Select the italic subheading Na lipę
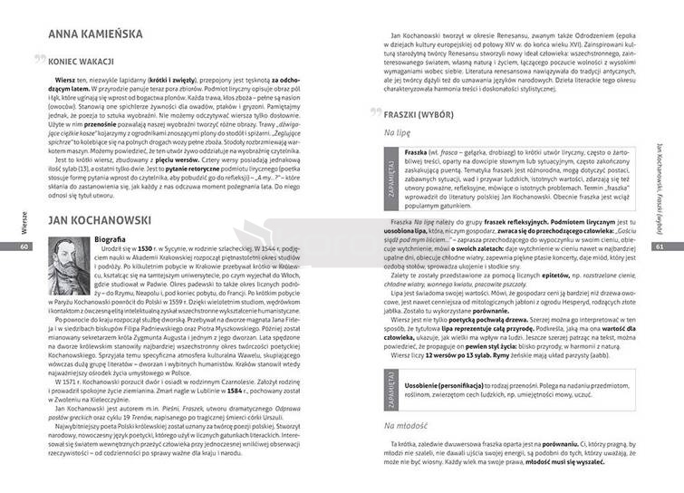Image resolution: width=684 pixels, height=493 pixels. point(397,132)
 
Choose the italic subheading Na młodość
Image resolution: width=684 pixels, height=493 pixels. point(405,425)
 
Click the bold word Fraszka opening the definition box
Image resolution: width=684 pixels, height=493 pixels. point(416,151)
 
